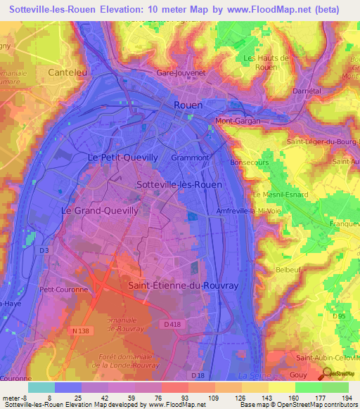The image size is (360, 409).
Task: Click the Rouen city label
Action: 188,105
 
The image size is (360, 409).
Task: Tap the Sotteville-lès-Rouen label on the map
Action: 179,184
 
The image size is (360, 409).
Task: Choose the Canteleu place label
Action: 65,72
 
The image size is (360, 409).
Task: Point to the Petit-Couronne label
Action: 63,289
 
